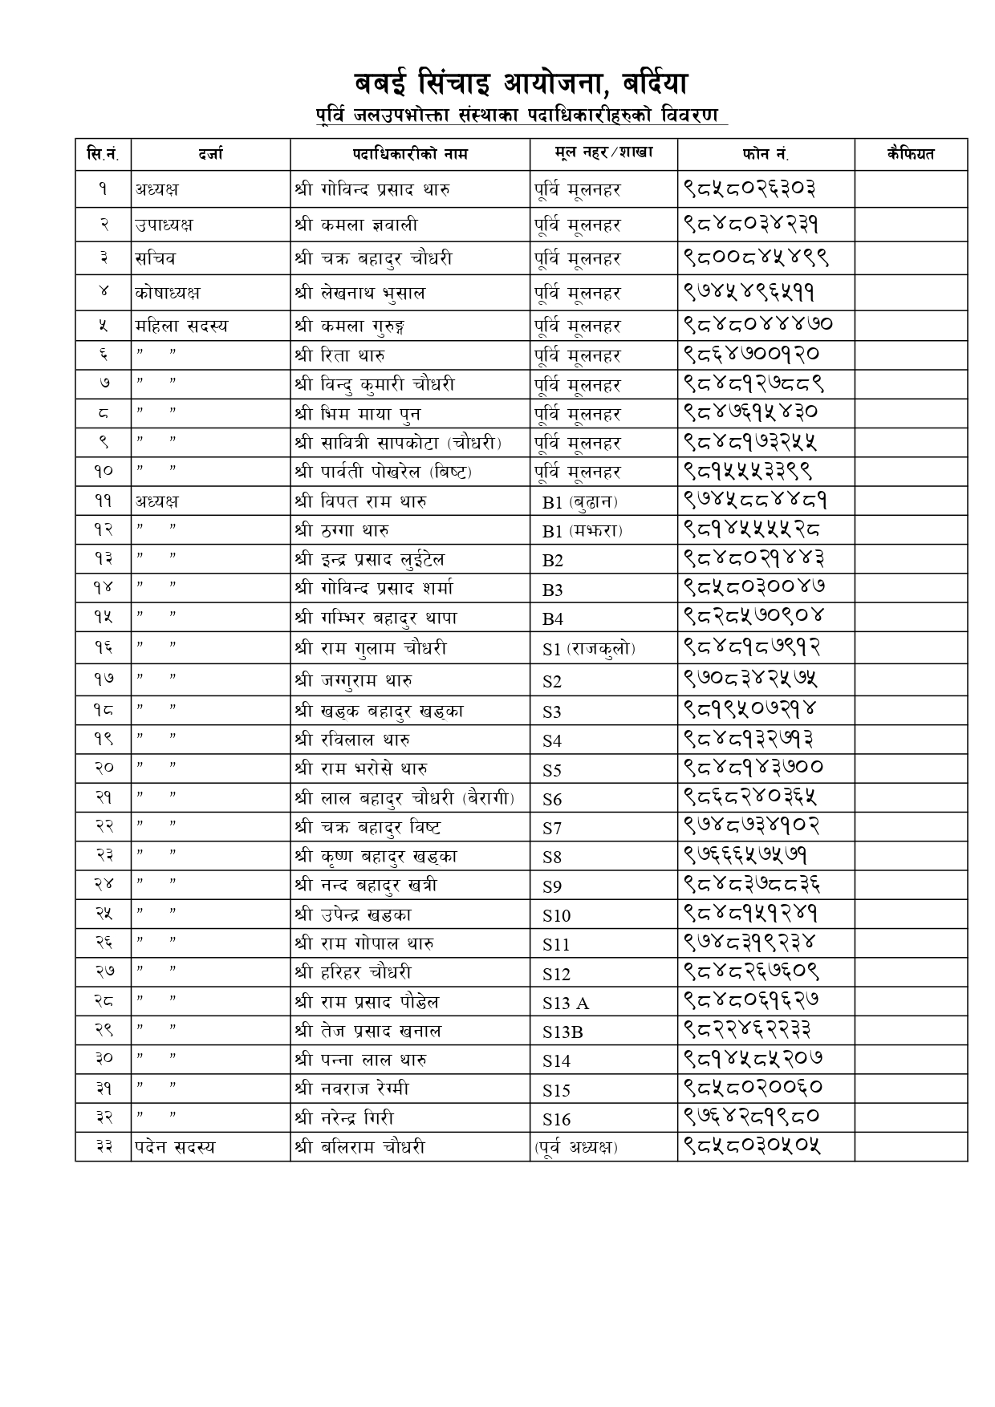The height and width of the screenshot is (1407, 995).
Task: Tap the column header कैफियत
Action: pyautogui.click(x=910, y=153)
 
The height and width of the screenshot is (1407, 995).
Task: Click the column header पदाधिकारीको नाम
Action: pyautogui.click(x=409, y=153)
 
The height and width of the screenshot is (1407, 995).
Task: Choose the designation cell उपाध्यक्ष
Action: pyautogui.click(x=164, y=225)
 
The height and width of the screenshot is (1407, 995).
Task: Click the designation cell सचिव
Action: pyautogui.click(x=156, y=258)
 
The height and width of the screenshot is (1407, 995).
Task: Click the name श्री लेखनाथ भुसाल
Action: pyautogui.click(x=359, y=293)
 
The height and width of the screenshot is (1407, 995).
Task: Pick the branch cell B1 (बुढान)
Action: pyautogui.click(x=579, y=502)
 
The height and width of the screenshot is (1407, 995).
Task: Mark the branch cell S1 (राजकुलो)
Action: pyautogui.click(x=588, y=648)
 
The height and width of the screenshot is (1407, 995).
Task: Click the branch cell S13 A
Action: pyautogui.click(x=565, y=1003)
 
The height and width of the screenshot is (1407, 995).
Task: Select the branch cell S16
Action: pyautogui.click(x=556, y=1119)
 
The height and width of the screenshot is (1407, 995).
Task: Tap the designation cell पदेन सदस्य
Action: pyautogui.click(x=175, y=1147)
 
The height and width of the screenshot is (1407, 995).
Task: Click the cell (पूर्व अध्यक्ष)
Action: pyautogui.click(x=575, y=1147)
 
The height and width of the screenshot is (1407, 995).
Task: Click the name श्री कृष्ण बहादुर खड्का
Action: pyautogui.click(x=376, y=857)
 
